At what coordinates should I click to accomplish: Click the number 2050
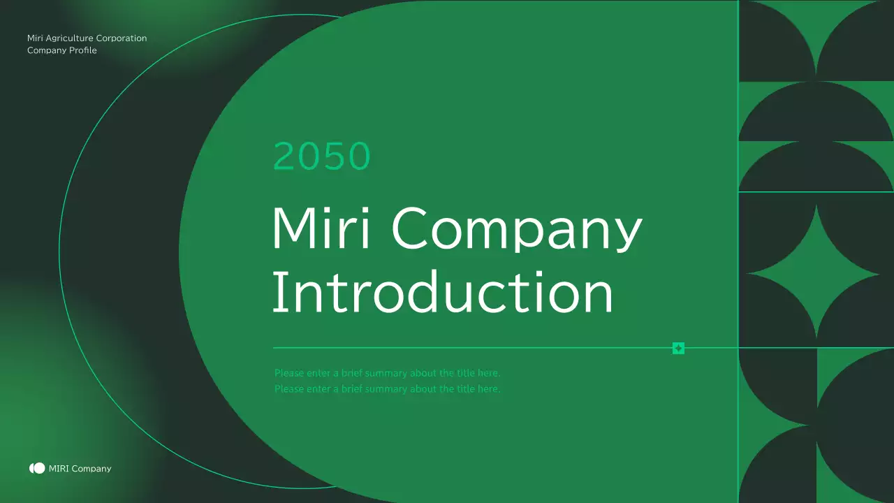pyautogui.click(x=321, y=156)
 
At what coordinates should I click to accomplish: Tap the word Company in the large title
pyautogui.click(x=517, y=229)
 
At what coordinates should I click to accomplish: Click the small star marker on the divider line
pyautogui.click(x=677, y=348)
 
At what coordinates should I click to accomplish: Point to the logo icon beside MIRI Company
pyautogui.click(x=37, y=468)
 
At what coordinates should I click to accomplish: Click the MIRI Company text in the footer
pyautogui.click(x=80, y=469)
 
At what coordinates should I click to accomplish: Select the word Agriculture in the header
pyautogui.click(x=69, y=38)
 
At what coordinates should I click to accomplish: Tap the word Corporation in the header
pyautogui.click(x=122, y=38)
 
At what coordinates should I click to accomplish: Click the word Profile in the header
pyautogui.click(x=83, y=50)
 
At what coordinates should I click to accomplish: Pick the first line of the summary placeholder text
pyautogui.click(x=387, y=373)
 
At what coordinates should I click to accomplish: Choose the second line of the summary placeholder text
pyautogui.click(x=387, y=389)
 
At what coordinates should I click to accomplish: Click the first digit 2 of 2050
pyautogui.click(x=284, y=156)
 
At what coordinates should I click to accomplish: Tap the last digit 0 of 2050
pyautogui.click(x=358, y=156)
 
